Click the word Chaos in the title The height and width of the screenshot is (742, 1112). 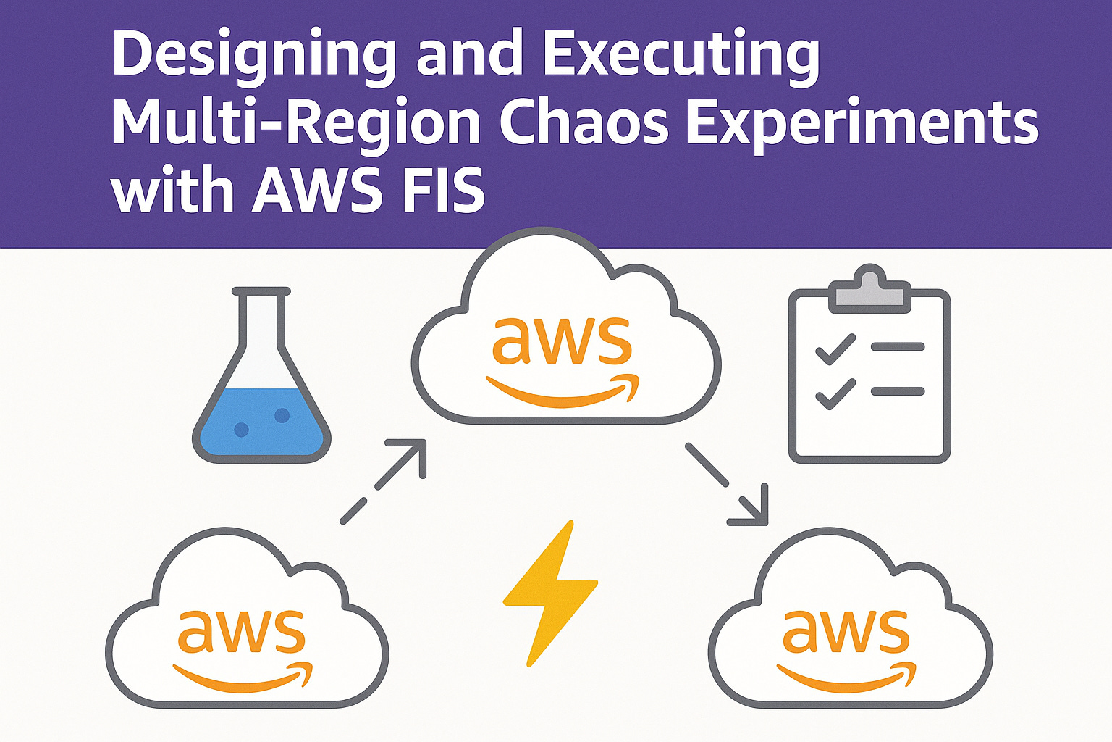coord(586,123)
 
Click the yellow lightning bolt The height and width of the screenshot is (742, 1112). coord(549,591)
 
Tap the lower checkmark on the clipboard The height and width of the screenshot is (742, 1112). coord(835,393)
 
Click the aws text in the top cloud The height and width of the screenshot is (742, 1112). coord(562,341)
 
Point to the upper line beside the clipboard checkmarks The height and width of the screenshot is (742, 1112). coord(898,347)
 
